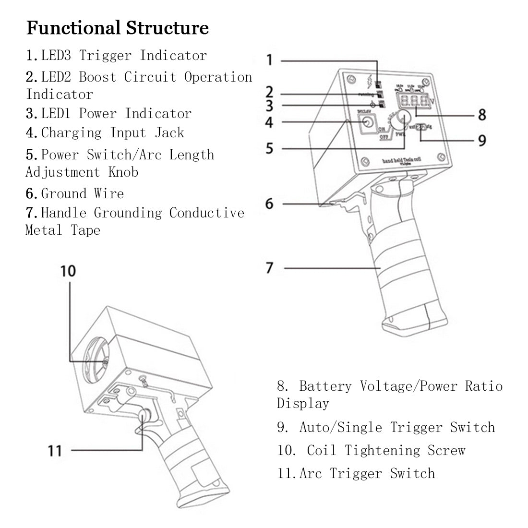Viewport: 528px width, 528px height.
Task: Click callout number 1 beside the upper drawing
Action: pos(269,60)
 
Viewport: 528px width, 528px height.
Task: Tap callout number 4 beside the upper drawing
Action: pos(269,122)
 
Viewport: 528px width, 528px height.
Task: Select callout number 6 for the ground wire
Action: pos(269,204)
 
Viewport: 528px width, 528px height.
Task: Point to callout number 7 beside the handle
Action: pos(269,268)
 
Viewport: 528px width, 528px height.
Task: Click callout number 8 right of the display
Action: pos(481,114)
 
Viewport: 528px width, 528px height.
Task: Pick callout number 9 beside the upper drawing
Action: pos(481,140)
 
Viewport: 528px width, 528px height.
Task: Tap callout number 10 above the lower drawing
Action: pos(68,271)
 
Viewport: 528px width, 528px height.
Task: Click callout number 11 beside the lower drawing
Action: pos(55,451)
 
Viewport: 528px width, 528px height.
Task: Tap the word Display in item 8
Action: pos(303,403)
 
